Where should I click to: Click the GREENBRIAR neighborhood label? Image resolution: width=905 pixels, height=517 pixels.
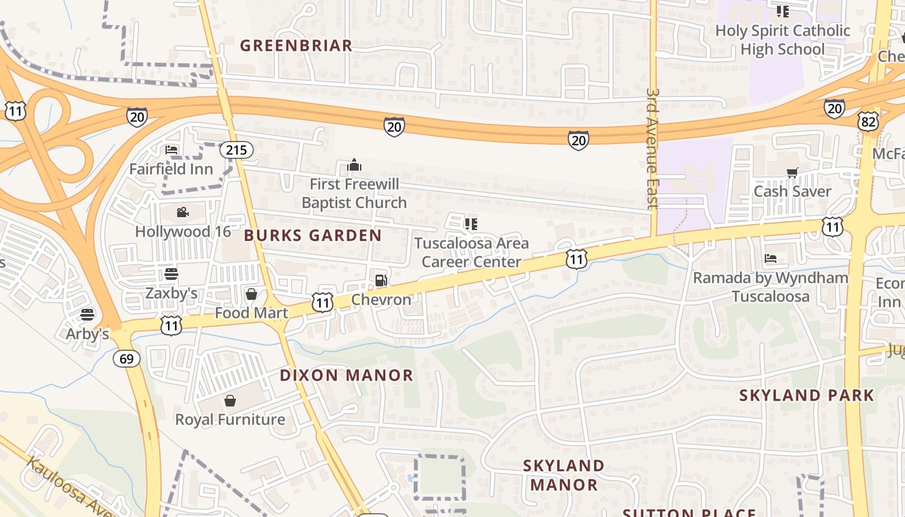click(296, 45)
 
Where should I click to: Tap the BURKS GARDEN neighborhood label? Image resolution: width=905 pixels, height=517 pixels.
click(313, 235)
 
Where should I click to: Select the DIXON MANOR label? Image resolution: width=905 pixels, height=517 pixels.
click(346, 375)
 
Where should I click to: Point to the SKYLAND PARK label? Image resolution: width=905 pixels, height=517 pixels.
click(807, 395)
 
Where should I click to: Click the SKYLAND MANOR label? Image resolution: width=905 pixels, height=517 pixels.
click(563, 475)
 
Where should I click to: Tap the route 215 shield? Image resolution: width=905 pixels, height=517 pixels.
click(236, 150)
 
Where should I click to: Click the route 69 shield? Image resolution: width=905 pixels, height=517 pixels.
click(127, 359)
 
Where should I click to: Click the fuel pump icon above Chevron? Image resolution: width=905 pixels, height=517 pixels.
click(381, 280)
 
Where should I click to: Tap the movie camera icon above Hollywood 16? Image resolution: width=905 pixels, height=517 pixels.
click(182, 212)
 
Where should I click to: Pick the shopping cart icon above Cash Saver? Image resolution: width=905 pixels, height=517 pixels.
click(793, 173)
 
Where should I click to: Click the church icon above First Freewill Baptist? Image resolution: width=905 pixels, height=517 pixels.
click(354, 165)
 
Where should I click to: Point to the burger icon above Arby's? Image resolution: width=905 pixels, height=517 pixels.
click(88, 315)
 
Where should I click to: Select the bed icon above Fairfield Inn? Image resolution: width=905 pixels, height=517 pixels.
click(171, 150)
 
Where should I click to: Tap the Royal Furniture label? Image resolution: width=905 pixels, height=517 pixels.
click(230, 419)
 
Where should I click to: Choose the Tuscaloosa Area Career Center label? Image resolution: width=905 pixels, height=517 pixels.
click(471, 252)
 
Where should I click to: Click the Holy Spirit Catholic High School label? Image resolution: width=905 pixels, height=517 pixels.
click(782, 39)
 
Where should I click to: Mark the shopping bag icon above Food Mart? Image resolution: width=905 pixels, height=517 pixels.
click(251, 295)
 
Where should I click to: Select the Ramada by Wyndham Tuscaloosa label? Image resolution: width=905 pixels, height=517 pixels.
click(771, 287)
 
